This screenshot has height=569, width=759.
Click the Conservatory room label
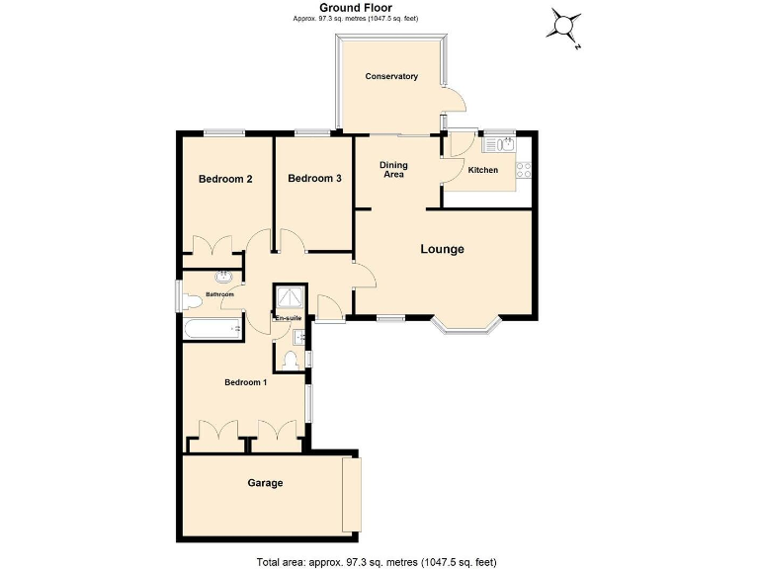tap(391, 77)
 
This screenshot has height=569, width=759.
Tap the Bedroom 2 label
tap(225, 179)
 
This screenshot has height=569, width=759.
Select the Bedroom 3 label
tap(314, 179)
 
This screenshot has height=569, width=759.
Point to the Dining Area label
tap(393, 171)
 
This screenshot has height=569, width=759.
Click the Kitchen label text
tap(483, 171)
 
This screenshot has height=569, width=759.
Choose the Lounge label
tap(442, 249)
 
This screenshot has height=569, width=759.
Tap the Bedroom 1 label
tap(245, 382)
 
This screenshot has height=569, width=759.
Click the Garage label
tap(265, 483)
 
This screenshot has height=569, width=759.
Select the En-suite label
tap(288, 318)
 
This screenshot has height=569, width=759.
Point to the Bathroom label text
tap(219, 294)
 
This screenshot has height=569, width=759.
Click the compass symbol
tap(565, 26)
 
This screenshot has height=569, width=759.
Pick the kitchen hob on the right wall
tap(524, 170)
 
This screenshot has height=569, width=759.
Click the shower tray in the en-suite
tap(291, 297)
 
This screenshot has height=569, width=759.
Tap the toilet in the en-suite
tap(291, 361)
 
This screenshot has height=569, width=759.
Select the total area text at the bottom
tap(376, 561)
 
